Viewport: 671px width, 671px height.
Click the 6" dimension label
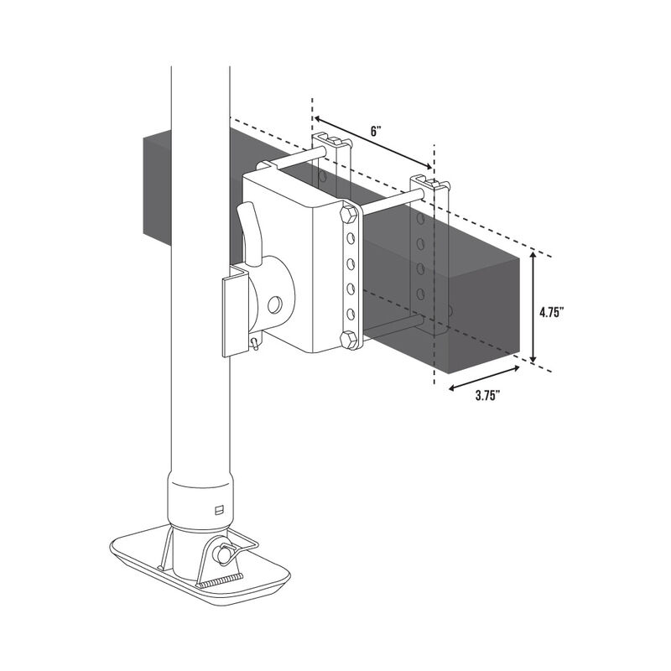(x=377, y=132)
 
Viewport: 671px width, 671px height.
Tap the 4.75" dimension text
(x=551, y=311)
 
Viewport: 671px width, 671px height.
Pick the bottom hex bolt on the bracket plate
(x=349, y=339)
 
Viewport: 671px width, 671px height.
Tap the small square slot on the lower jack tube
(x=220, y=507)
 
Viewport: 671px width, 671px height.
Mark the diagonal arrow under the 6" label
(x=373, y=148)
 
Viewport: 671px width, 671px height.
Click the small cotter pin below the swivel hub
(x=255, y=344)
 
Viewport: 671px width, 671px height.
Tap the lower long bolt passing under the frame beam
(x=394, y=325)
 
